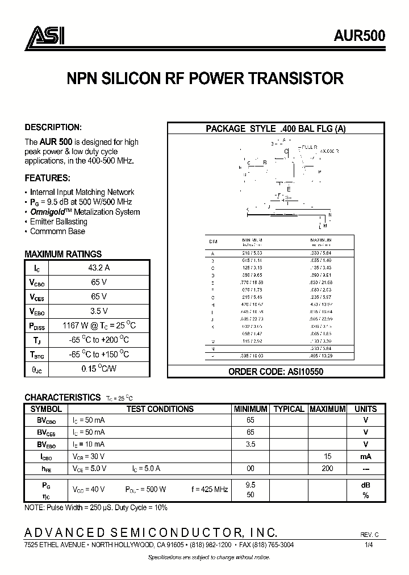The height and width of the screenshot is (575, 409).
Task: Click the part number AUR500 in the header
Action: pyautogui.click(x=360, y=35)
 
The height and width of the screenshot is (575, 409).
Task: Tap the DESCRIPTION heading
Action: pyautogui.click(x=53, y=127)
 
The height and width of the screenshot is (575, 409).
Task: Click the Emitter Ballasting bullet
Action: pyautogui.click(x=59, y=222)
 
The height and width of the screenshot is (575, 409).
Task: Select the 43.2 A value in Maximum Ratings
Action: pyautogui.click(x=99, y=267)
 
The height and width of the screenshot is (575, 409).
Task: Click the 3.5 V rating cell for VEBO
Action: pyautogui.click(x=99, y=311)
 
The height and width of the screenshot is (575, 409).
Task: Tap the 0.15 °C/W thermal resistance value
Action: pyautogui.click(x=99, y=369)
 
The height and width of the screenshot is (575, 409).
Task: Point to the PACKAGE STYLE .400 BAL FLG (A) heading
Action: pyautogui.click(x=276, y=129)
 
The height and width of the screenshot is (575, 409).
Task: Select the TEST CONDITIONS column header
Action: pyautogui.click(x=160, y=409)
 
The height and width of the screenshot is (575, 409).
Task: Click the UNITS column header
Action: pyautogui.click(x=365, y=409)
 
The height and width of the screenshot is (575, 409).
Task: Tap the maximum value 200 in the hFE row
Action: pyautogui.click(x=327, y=468)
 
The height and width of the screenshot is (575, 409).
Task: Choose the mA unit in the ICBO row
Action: pyautogui.click(x=365, y=456)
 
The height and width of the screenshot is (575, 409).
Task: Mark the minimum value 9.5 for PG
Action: pyautogui.click(x=250, y=485)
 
